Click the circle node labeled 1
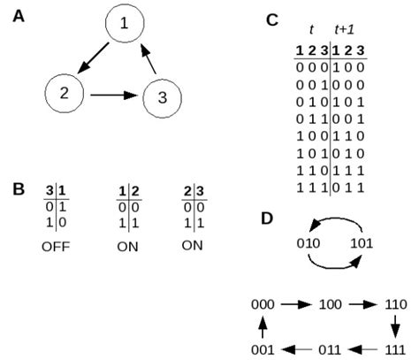pyautogui.click(x=124, y=24)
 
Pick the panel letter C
pyautogui.click(x=272, y=19)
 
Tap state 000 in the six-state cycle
pyautogui.click(x=263, y=303)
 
